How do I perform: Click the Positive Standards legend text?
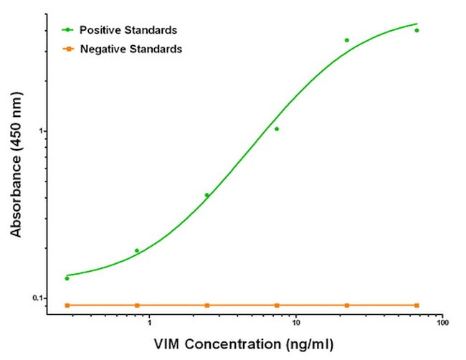(x=128, y=30)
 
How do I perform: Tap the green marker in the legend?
(x=67, y=30)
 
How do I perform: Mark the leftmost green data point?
(x=67, y=278)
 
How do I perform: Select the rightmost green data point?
(x=417, y=30)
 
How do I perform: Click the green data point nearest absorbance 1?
(x=277, y=129)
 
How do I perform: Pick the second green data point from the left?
(x=137, y=251)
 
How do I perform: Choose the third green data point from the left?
(x=207, y=195)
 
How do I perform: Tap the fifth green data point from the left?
(x=347, y=40)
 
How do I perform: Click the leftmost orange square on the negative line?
(x=67, y=305)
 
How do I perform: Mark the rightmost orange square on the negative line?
(x=417, y=305)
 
